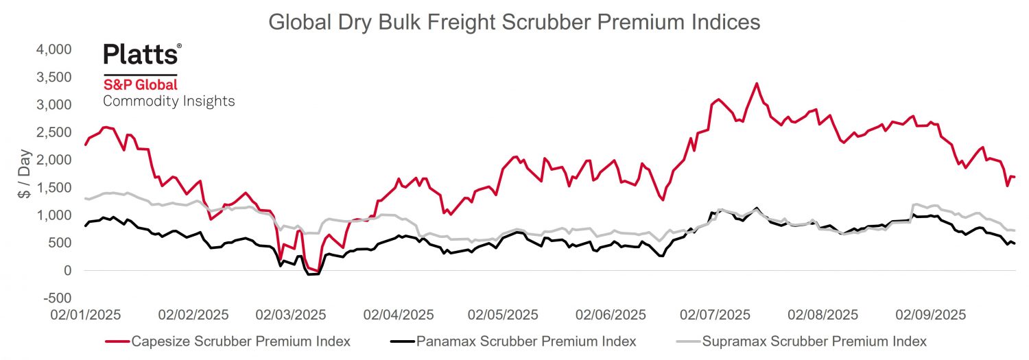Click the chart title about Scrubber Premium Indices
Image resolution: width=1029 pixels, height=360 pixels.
click(514, 22)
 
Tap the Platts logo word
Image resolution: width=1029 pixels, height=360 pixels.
click(142, 54)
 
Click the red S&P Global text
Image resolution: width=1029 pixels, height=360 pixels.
click(140, 84)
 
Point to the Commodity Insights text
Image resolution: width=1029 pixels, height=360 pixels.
click(169, 101)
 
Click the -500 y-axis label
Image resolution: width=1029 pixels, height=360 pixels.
click(58, 298)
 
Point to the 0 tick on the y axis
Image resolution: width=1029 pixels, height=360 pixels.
click(67, 271)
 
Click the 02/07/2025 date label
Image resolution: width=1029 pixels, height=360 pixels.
click(715, 315)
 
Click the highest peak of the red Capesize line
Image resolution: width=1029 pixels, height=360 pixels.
click(756, 84)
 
